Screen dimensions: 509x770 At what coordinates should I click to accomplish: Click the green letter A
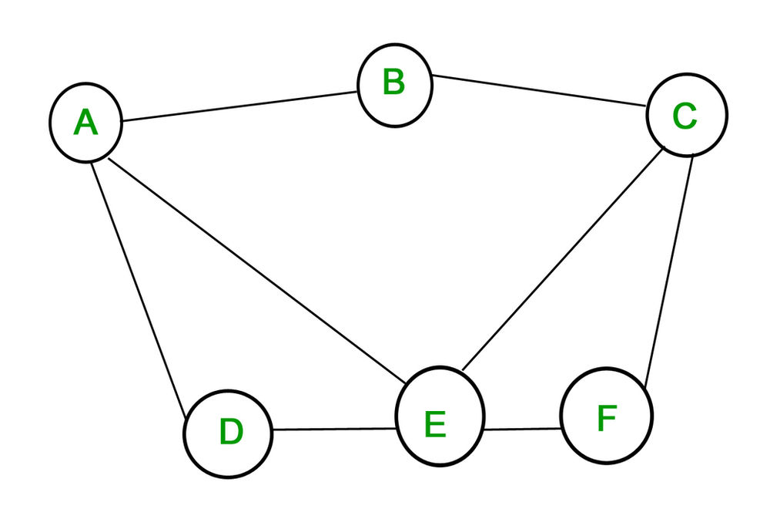pos(85,123)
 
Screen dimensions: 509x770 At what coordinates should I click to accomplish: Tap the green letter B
pos(393,83)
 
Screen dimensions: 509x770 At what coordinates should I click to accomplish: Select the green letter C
pos(685,116)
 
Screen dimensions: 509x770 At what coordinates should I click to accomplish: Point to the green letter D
pos(230,433)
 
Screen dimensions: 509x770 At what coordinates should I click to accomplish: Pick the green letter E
pos(435,424)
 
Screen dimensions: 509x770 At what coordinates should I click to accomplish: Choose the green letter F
pos(607,418)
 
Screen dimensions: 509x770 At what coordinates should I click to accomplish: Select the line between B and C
pos(539,89)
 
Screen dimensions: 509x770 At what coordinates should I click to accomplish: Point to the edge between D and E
pos(334,430)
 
